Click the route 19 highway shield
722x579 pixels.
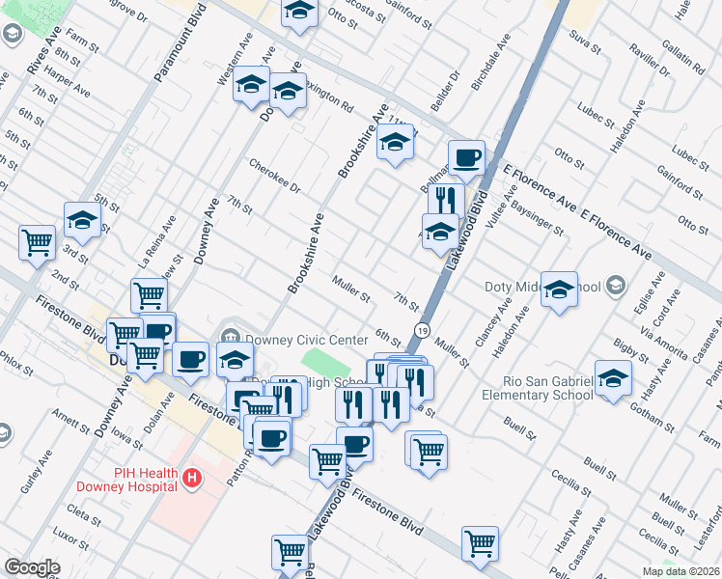422,330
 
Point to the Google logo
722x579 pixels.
31,567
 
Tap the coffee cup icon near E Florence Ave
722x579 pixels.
466,156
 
